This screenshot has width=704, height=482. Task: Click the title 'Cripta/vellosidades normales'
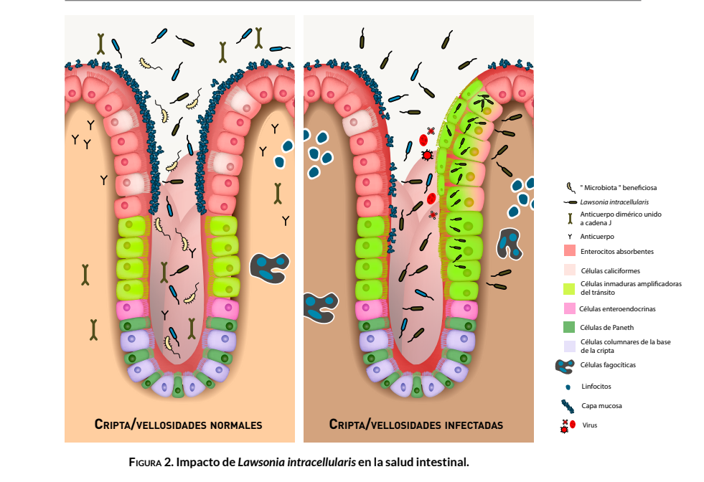click(178, 425)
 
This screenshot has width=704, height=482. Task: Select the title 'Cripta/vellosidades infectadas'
click(416, 425)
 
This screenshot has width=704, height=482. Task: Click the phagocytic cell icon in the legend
click(568, 366)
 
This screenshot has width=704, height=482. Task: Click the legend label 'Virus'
click(589, 425)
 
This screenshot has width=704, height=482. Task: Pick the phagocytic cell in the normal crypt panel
click(270, 266)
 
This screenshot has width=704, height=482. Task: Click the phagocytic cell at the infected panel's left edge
click(320, 307)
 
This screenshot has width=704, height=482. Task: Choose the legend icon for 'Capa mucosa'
click(568, 406)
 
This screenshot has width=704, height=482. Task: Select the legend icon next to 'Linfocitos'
click(568, 387)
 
